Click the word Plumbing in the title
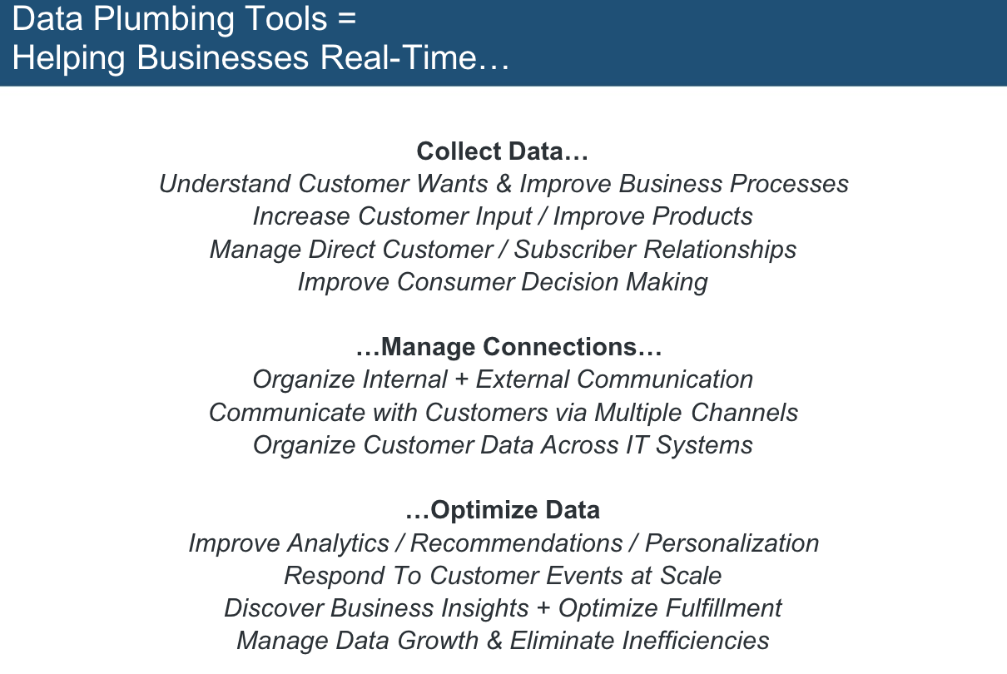(164, 20)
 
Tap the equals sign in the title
(345, 19)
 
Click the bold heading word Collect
(459, 151)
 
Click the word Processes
(789, 184)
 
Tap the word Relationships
(720, 250)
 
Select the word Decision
(569, 282)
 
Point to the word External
(523, 379)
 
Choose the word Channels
(744, 413)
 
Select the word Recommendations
(517, 543)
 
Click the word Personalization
(732, 543)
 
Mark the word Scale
(691, 576)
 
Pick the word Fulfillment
(724, 608)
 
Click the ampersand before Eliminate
(494, 641)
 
